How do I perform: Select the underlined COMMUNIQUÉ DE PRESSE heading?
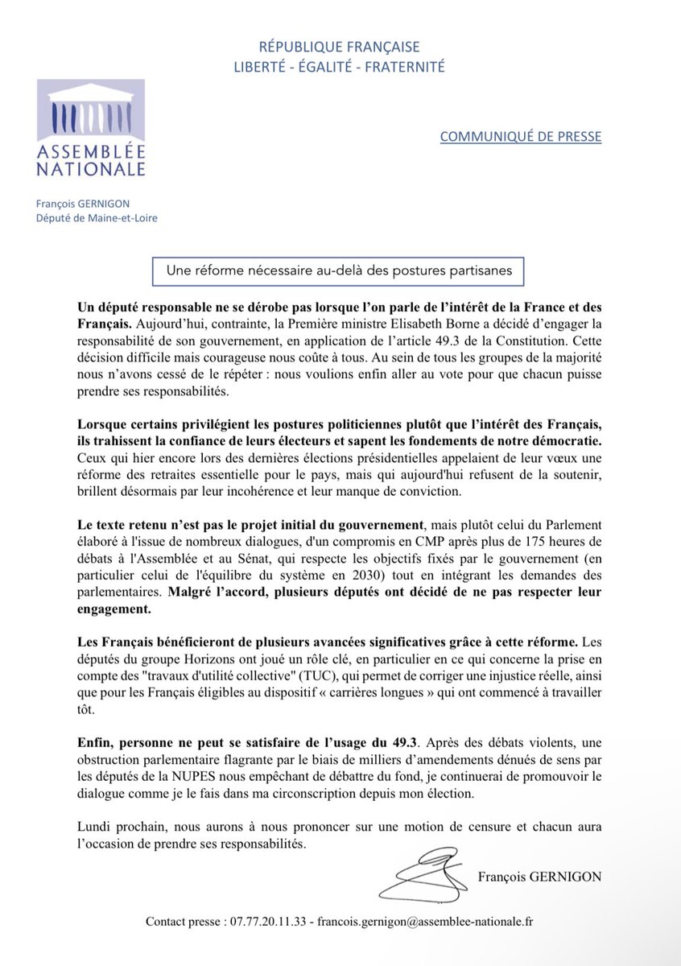click(x=520, y=136)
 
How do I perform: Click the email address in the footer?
click(x=431, y=920)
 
